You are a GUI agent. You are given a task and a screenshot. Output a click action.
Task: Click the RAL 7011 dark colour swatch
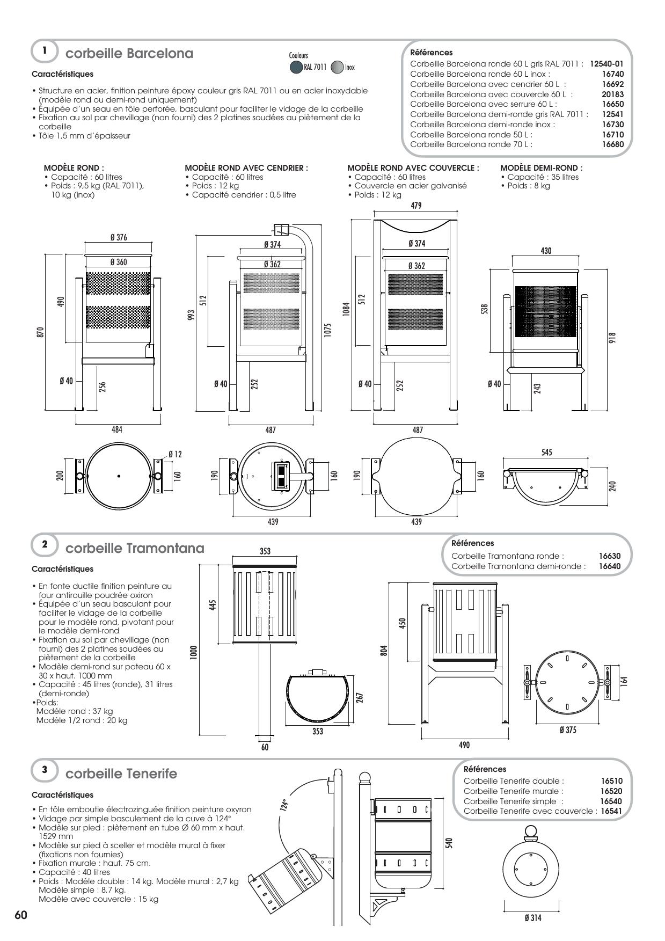pos(296,68)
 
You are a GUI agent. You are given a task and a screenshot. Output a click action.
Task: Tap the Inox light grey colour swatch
pos(337,68)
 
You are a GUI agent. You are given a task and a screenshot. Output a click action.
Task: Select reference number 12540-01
pos(606,63)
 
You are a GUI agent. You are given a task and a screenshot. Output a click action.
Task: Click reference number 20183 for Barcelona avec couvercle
pos(612,94)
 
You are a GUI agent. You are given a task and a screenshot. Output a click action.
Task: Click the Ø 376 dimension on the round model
pos(119,238)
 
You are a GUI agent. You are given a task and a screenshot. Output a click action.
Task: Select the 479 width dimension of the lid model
pos(416,206)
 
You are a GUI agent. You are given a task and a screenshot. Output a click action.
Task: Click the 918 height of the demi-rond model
pos(612,338)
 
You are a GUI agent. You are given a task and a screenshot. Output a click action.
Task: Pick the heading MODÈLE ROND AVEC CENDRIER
pos(246,168)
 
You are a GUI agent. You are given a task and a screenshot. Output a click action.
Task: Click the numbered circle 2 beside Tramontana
pos(45,544)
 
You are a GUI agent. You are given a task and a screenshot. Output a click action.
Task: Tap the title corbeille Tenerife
pos(121,774)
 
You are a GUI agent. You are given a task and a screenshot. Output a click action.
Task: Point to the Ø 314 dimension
pos(532,918)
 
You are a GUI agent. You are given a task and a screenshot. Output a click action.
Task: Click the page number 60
pos(21,915)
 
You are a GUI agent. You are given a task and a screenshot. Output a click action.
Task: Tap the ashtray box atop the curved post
pos(282,229)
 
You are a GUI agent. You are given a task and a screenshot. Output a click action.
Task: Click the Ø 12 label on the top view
pos(175,454)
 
